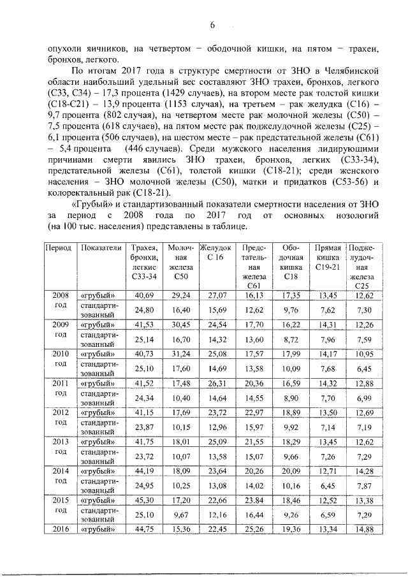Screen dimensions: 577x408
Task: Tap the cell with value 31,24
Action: [181, 354]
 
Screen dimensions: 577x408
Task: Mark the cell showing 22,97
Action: [254, 413]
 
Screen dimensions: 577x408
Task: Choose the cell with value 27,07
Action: [217, 295]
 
